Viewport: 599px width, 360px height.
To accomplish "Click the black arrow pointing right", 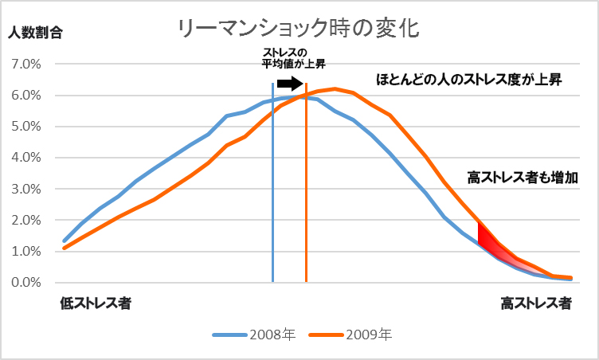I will pyautogui.click(x=290, y=82).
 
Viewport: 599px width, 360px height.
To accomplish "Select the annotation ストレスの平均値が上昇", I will pyautogui.click(x=294, y=58).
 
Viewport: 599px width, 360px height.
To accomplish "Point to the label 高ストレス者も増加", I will pyautogui.click(x=523, y=177).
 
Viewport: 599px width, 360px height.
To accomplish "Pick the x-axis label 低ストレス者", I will pyautogui.click(x=96, y=303).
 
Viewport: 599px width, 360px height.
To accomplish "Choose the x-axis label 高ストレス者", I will pyautogui.click(x=535, y=303).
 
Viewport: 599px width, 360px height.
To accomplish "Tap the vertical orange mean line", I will pyautogui.click(x=306, y=199).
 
